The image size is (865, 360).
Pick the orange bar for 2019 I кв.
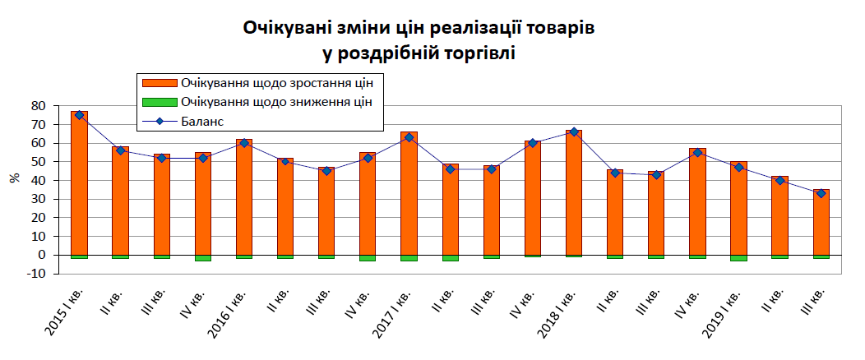(x=738, y=210)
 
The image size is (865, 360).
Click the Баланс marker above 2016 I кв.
(x=244, y=143)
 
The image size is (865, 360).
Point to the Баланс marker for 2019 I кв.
(x=738, y=168)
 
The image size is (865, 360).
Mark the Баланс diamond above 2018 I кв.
(x=574, y=132)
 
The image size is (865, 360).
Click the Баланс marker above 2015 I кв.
(x=79, y=115)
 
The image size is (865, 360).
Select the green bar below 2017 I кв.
(x=409, y=258)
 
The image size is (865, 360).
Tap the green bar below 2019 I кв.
(x=738, y=258)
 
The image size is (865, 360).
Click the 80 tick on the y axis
(x=37, y=106)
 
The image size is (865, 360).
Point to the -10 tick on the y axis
(x=35, y=274)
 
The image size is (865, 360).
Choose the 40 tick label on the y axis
(x=37, y=181)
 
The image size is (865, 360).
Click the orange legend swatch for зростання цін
(x=159, y=83)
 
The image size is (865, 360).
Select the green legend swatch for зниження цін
(x=159, y=103)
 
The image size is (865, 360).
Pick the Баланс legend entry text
(x=203, y=122)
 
